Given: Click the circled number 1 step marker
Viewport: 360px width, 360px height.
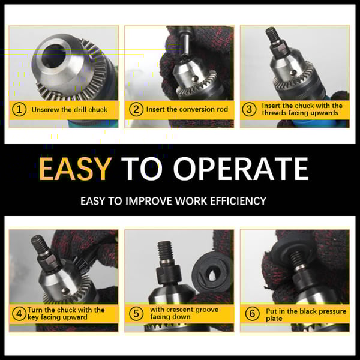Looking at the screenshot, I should tap(20, 109).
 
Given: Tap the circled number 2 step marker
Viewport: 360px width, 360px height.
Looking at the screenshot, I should tap(136, 109).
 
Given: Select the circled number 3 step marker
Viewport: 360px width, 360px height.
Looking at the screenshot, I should tap(250, 109).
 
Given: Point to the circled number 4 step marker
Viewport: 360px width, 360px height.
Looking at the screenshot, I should tap(20, 313).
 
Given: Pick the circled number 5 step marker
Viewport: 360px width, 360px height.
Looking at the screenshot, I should tap(136, 313).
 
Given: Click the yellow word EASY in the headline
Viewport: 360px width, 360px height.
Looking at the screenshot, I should tap(76, 169).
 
